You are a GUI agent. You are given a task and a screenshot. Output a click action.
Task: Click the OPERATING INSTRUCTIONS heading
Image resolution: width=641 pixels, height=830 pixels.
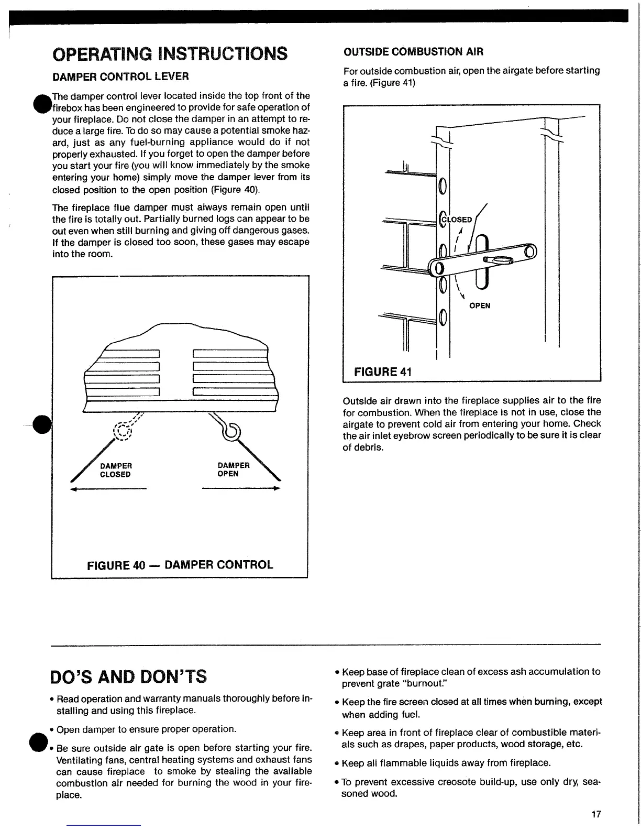point(170,53)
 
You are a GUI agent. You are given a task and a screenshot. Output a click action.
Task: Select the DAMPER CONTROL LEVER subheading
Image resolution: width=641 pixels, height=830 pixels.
point(120,77)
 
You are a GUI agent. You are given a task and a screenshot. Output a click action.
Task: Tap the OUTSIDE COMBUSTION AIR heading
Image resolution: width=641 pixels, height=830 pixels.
point(413,51)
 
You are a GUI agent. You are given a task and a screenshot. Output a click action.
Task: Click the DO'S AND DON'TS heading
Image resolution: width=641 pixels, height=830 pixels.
point(129,676)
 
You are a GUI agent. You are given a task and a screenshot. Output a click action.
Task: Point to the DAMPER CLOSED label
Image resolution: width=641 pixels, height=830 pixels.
point(115,470)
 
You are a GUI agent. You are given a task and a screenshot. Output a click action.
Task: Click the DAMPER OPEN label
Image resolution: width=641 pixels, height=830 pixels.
point(233,469)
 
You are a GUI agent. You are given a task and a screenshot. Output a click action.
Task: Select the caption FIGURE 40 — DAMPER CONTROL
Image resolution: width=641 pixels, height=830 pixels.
point(180,564)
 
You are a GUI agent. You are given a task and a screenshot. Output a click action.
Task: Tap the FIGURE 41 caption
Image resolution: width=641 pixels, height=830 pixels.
point(383,372)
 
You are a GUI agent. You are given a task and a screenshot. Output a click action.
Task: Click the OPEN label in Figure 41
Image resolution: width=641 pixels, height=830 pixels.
point(480,306)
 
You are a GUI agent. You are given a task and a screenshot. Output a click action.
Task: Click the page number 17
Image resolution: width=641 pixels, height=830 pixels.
point(596,814)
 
